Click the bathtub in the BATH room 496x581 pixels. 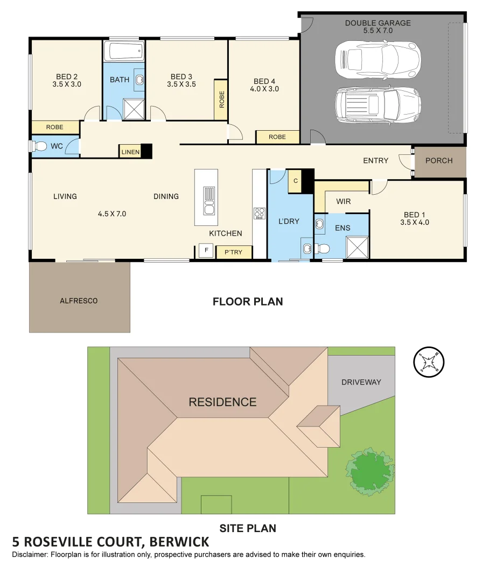pyautogui.click(x=124, y=52)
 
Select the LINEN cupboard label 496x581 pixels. pyautogui.click(x=130, y=152)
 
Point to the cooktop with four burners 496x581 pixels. pyautogui.click(x=260, y=213)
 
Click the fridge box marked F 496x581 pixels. pyautogui.click(x=206, y=251)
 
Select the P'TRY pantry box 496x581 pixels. pyautogui.click(x=233, y=252)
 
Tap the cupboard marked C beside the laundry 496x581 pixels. pyautogui.click(x=295, y=181)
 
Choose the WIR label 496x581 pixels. pyautogui.click(x=343, y=202)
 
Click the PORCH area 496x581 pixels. pyautogui.click(x=439, y=161)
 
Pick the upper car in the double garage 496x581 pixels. pyautogui.click(x=377, y=58)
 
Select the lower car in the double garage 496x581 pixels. pyautogui.click(x=377, y=104)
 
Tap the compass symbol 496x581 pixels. pyautogui.click(x=429, y=361)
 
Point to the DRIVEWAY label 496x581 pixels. pyautogui.click(x=361, y=382)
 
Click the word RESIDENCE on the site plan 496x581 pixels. pyautogui.click(x=222, y=402)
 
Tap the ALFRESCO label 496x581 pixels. pyautogui.click(x=79, y=301)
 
